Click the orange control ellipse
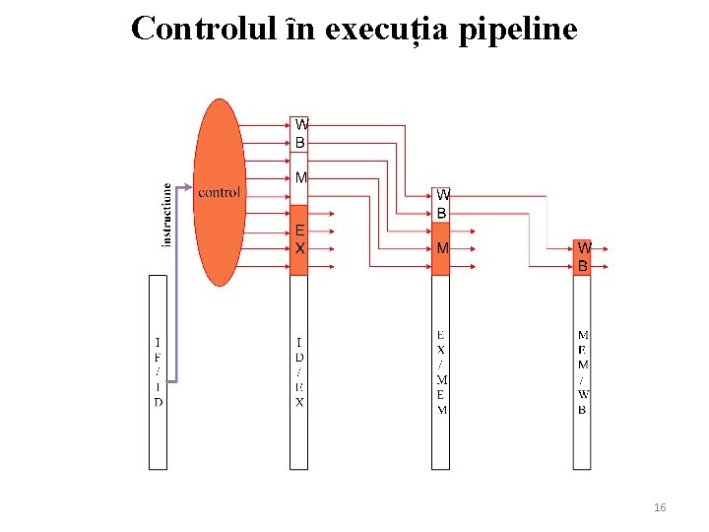(220, 192)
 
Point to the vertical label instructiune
(166, 214)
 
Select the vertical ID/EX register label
(299, 372)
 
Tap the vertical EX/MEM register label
(441, 372)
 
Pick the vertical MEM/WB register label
(583, 372)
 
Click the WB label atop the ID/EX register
(300, 134)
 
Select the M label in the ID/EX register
(300, 178)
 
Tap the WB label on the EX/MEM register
(442, 204)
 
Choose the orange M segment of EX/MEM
(442, 248)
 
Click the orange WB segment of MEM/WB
(583, 257)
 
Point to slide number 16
(660, 507)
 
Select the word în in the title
(299, 30)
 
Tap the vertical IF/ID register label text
(159, 372)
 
